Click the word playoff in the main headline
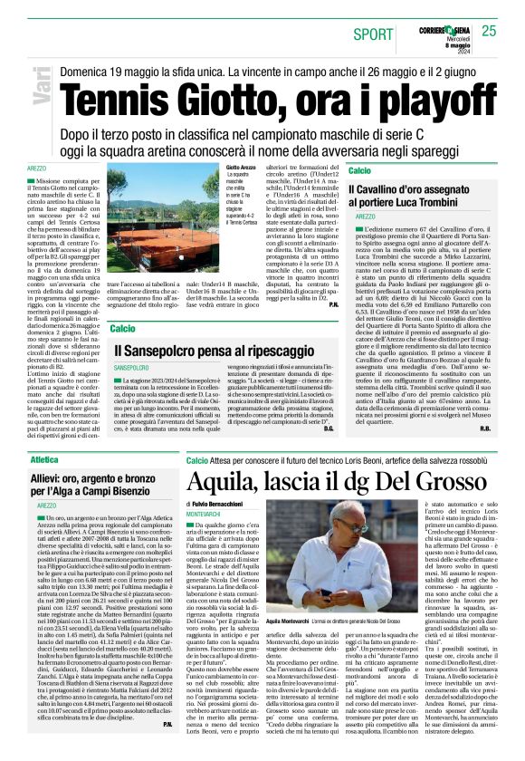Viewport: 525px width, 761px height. pyautogui.click(x=419, y=92)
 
